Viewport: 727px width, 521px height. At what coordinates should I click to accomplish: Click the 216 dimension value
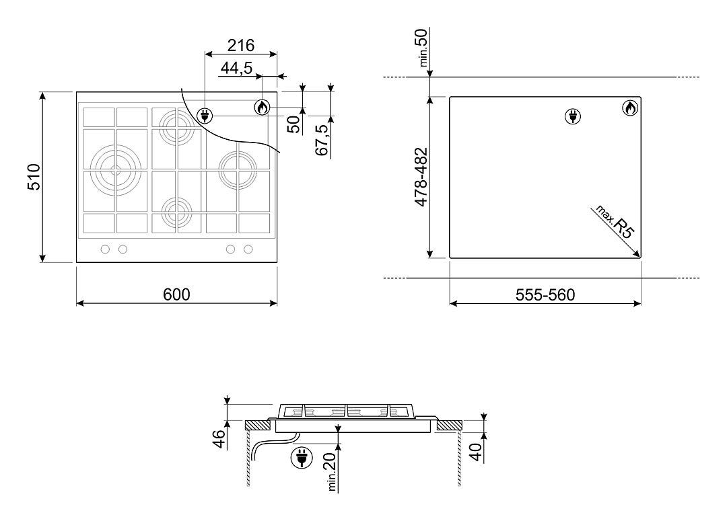point(240,46)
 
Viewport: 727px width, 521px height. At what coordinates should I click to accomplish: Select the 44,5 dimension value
point(236,68)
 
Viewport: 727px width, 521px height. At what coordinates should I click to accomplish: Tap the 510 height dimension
point(34,177)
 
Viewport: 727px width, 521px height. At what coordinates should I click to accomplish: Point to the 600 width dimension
point(176,294)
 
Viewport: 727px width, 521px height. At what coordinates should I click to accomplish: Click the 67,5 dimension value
point(322,139)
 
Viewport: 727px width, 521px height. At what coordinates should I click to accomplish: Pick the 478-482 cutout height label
point(421,177)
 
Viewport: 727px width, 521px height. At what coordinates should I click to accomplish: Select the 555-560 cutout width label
point(545,294)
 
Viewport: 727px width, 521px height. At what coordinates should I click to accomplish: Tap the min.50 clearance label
point(423,48)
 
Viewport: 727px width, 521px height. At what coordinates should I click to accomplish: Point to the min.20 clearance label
point(331,471)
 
